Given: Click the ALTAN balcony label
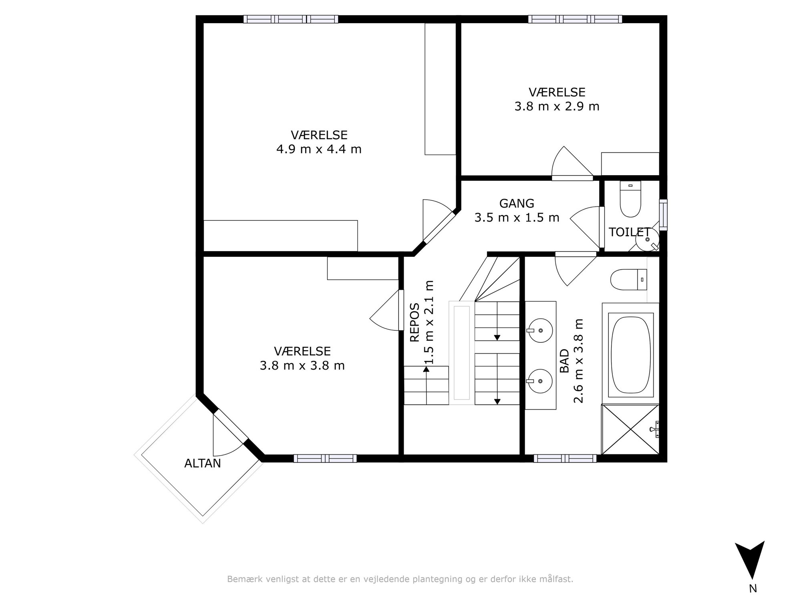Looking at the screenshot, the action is (202, 463).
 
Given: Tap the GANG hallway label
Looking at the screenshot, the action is (517, 204).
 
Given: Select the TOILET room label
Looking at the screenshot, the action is (629, 232).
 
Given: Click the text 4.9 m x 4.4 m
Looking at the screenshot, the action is (319, 149).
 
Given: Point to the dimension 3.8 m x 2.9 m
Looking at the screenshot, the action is (557, 106).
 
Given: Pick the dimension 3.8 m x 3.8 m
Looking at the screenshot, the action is (302, 366).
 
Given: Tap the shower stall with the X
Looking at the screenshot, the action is (630, 429).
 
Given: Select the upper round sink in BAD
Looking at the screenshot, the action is (540, 330).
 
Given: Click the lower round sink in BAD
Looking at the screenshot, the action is (540, 381).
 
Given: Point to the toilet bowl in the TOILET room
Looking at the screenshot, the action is (630, 199).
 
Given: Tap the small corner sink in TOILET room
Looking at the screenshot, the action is (648, 239).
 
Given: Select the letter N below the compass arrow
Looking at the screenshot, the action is (753, 588).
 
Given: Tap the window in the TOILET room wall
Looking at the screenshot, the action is (664, 215).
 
